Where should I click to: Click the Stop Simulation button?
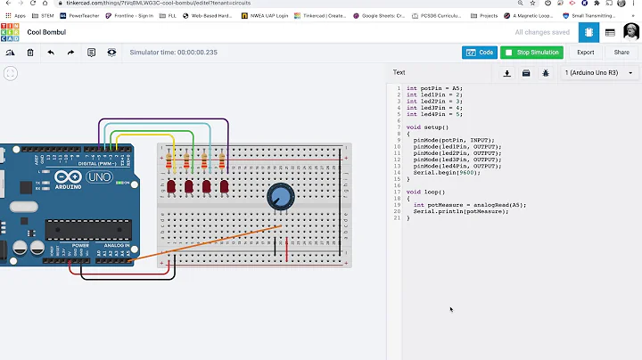[x=532, y=53]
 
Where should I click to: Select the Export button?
[x=585, y=53]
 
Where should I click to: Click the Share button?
[x=621, y=53]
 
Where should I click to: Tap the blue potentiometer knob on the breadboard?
[x=281, y=197]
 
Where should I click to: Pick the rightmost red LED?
[x=224, y=187]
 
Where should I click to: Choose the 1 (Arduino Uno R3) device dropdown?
[x=598, y=72]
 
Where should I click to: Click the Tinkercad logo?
[x=10, y=32]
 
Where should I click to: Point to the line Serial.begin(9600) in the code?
[x=443, y=172]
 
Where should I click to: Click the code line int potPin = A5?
[x=434, y=88]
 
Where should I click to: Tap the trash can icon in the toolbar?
[x=30, y=53]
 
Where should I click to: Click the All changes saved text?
[x=542, y=32]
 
